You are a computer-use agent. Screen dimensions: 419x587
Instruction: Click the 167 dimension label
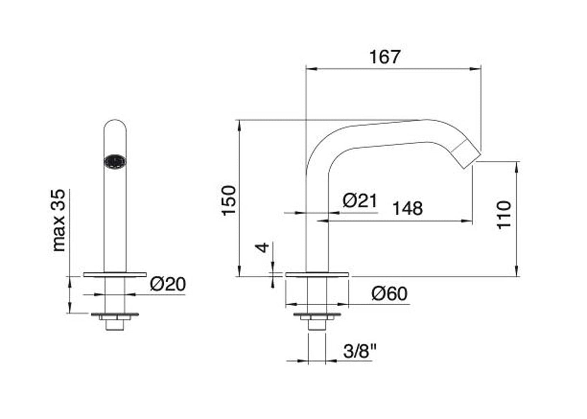384,57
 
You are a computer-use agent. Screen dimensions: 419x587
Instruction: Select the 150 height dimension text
229,201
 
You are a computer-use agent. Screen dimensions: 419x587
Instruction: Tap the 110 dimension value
504,214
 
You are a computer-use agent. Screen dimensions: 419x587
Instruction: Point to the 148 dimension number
407,208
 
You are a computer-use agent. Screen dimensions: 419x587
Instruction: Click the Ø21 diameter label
360,201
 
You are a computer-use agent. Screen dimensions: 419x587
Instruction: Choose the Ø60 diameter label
389,294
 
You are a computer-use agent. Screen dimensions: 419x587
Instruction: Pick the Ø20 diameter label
168,284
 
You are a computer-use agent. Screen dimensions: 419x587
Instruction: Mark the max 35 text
59,220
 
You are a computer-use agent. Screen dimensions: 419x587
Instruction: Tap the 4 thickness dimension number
264,247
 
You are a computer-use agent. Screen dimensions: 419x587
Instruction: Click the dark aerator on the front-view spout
115,162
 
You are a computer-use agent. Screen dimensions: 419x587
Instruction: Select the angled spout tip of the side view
466,153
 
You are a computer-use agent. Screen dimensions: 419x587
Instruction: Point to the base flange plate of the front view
115,274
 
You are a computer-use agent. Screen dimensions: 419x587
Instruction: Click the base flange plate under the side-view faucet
317,274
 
